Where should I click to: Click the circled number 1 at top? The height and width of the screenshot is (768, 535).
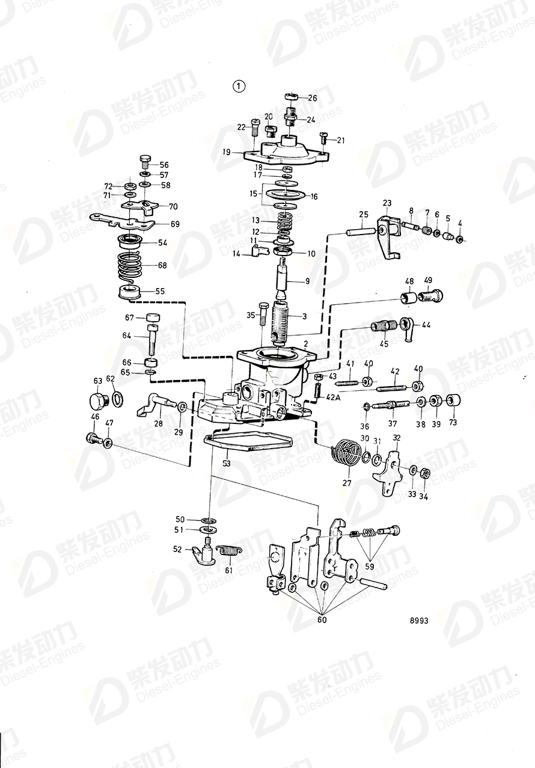tap(240, 86)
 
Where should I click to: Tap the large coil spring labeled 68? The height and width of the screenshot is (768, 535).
tap(130, 265)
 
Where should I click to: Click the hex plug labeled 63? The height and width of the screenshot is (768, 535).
tap(97, 401)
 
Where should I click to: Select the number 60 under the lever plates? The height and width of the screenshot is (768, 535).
tap(322, 619)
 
